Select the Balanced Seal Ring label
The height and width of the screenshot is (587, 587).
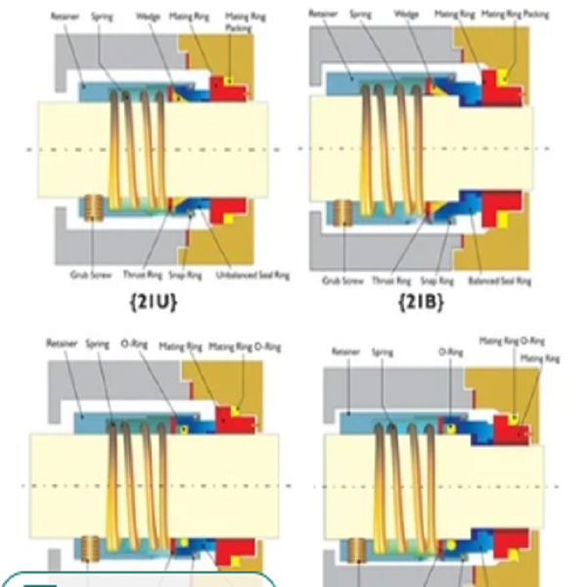tap(499, 281)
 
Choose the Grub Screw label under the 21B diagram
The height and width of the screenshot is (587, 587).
tap(342, 281)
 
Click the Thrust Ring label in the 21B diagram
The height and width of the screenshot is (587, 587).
tap(391, 281)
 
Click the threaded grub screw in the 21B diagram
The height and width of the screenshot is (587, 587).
tap(342, 214)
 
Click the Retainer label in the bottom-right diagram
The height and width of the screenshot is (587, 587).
tap(346, 351)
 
